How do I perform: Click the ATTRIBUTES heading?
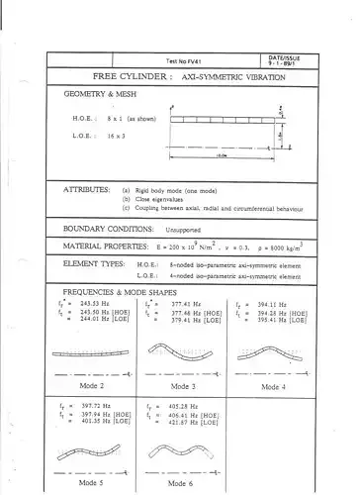tap(92, 187)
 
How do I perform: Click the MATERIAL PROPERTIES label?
tap(112, 245)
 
